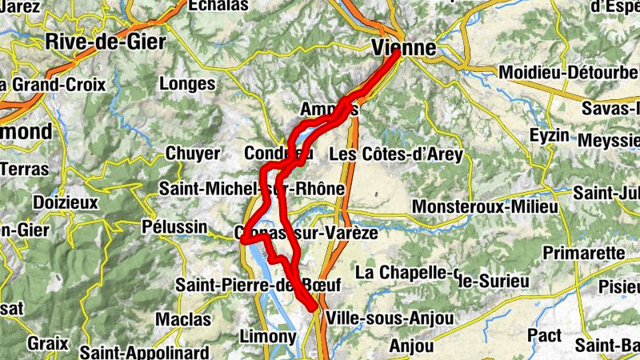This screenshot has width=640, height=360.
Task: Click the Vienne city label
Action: (x=405, y=47)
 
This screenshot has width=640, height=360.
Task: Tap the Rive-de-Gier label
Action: (x=106, y=42)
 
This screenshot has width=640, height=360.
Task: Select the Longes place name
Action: (x=188, y=83)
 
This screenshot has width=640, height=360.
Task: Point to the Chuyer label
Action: (x=192, y=153)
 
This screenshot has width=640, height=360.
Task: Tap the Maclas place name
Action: (x=183, y=319)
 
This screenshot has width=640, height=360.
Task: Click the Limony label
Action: (x=267, y=337)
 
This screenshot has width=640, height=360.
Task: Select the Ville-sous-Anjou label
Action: (x=390, y=318)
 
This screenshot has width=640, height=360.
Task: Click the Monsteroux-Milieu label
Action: (x=485, y=207)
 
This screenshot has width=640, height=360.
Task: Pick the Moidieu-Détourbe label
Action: (x=568, y=73)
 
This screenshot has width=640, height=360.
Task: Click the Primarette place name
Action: (x=583, y=253)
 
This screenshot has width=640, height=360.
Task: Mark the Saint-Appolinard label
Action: (x=144, y=352)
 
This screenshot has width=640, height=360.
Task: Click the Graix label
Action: (x=46, y=342)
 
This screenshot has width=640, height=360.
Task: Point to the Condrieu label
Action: (x=277, y=153)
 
